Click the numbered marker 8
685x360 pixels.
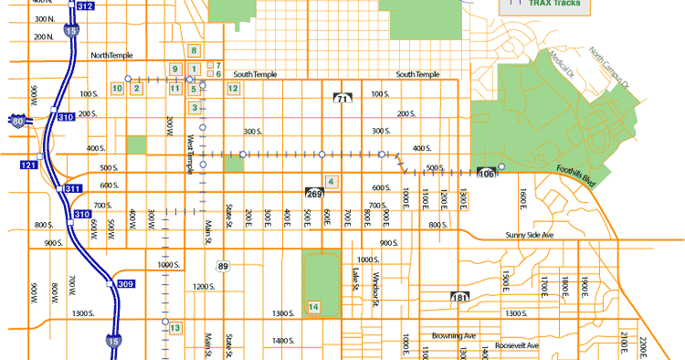[x=194, y=50]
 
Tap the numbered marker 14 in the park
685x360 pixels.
[x=314, y=307]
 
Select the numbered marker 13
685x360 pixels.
[x=174, y=327]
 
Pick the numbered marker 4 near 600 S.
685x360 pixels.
[x=331, y=182]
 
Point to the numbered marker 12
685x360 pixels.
[x=233, y=88]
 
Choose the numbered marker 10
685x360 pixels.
[x=117, y=88]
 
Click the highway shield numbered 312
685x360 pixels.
[x=85, y=5]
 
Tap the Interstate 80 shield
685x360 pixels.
[x=19, y=120]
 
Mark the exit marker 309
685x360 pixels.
[x=126, y=284]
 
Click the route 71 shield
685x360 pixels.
[x=342, y=97]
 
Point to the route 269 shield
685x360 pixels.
[x=313, y=194]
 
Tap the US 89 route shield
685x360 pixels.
[x=223, y=266]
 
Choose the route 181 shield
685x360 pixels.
[x=459, y=298]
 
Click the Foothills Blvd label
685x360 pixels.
[x=575, y=174]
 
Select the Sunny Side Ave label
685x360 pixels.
[x=530, y=235]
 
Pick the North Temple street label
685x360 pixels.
[x=112, y=56]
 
